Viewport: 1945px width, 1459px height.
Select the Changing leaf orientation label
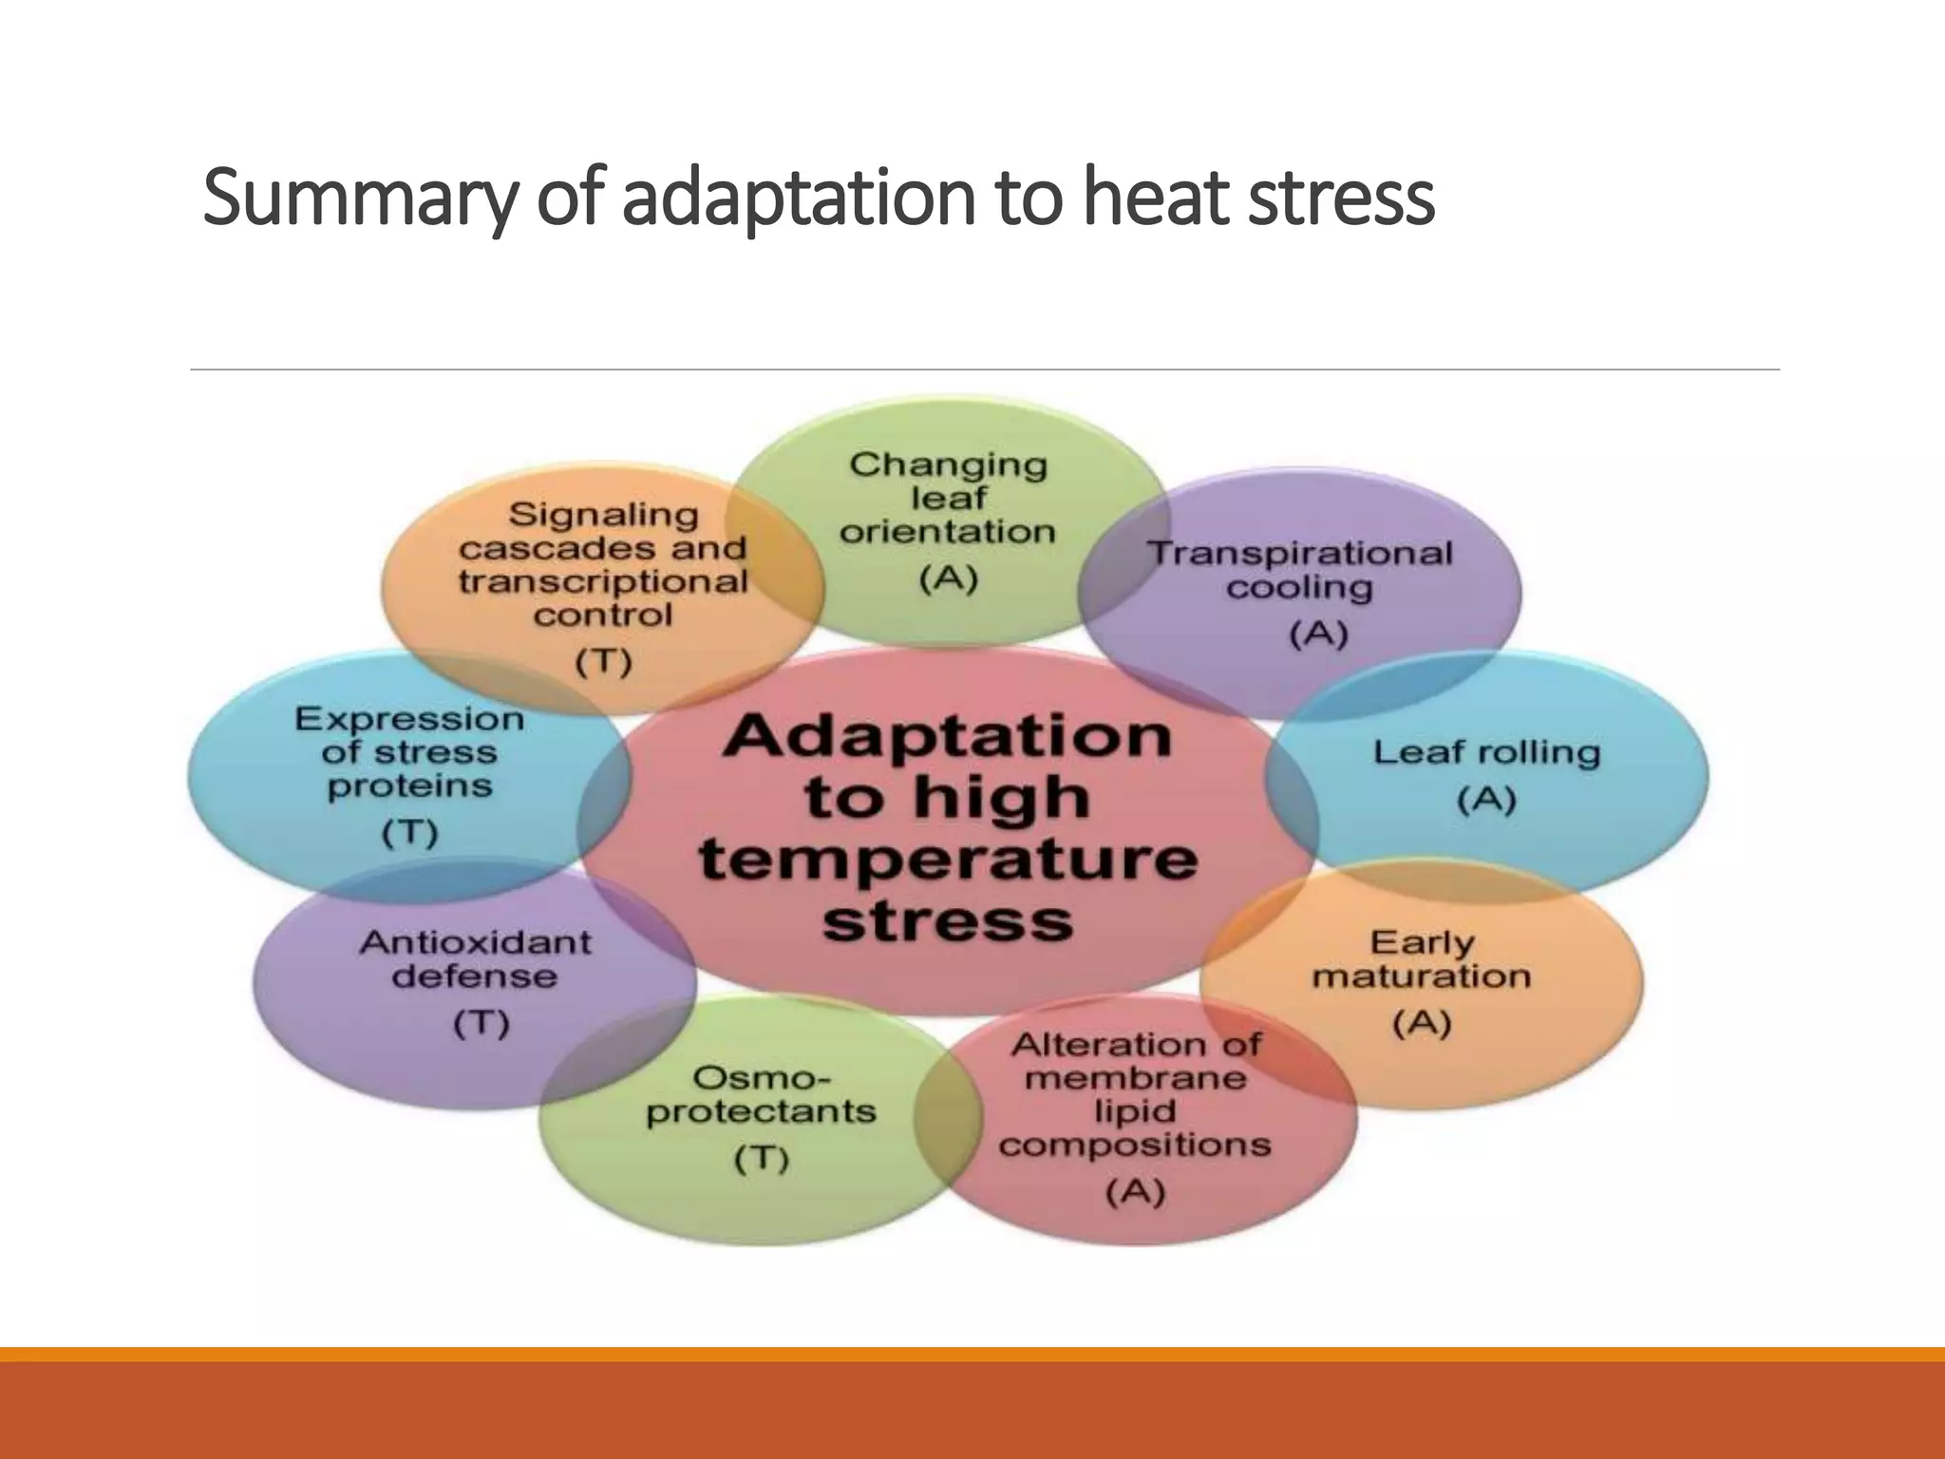[948, 498]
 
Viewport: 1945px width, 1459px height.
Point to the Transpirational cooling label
[1300, 569]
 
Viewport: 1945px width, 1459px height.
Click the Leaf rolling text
[1486, 752]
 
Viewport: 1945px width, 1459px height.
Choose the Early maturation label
[1422, 959]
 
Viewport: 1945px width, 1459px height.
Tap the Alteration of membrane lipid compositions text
[1135, 1094]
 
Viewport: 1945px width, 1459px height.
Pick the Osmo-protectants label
[761, 1094]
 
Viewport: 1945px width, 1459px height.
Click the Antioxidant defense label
[475, 959]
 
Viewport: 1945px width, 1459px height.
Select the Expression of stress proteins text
[409, 752]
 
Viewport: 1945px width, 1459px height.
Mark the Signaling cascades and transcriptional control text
[603, 564]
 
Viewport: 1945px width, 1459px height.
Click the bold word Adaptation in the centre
[947, 736]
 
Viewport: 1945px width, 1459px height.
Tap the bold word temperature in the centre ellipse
[948, 859]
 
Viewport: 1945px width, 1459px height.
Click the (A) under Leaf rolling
[1486, 801]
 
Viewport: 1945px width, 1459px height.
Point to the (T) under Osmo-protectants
[762, 1160]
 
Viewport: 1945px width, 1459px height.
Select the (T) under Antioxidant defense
[481, 1024]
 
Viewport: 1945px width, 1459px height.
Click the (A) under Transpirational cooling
[1318, 635]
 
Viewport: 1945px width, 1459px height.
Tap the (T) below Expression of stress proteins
[409, 833]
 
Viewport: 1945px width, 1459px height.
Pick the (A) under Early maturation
[1422, 1024]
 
